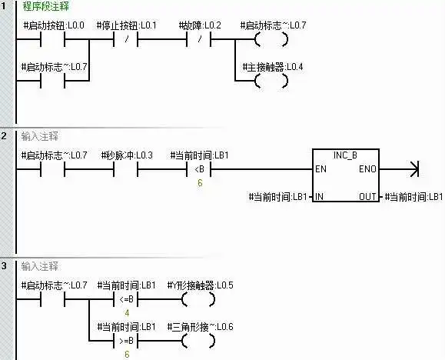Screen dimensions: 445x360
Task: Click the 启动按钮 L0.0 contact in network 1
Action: pyautogui.click(x=53, y=39)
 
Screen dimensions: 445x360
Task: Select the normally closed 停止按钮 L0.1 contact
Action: pyautogui.click(x=126, y=39)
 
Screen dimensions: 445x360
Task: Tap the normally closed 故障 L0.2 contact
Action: pyautogui.click(x=199, y=39)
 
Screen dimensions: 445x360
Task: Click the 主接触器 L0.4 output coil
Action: pyautogui.click(x=271, y=81)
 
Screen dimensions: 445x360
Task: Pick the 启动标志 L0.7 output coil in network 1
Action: pyautogui.click(x=271, y=39)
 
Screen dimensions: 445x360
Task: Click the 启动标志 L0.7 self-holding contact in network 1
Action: pyautogui.click(x=53, y=81)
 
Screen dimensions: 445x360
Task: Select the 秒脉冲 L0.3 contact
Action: pyautogui.click(x=126, y=169)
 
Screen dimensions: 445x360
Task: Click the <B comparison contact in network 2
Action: pyautogui.click(x=199, y=169)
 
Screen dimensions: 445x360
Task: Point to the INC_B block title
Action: pyautogui.click(x=345, y=155)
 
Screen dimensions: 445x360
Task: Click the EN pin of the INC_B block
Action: pyautogui.click(x=321, y=169)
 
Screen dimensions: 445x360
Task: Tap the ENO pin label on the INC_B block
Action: pyautogui.click(x=367, y=169)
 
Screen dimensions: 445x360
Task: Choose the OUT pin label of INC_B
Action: pyautogui.click(x=367, y=197)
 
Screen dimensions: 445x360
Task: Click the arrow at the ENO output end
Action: pyautogui.click(x=414, y=169)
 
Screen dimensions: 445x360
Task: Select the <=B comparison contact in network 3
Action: pyautogui.click(x=126, y=299)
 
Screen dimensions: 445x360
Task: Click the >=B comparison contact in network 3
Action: pyautogui.click(x=126, y=341)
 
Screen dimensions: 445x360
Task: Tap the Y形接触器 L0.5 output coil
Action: pyautogui.click(x=198, y=299)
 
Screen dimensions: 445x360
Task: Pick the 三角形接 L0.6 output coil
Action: pyautogui.click(x=198, y=341)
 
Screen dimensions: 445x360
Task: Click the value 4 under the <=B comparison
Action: pyautogui.click(x=127, y=313)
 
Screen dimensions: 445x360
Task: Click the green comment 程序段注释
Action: pyautogui.click(x=45, y=6)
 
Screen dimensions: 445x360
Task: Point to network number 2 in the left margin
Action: pyautogui.click(x=4, y=136)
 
